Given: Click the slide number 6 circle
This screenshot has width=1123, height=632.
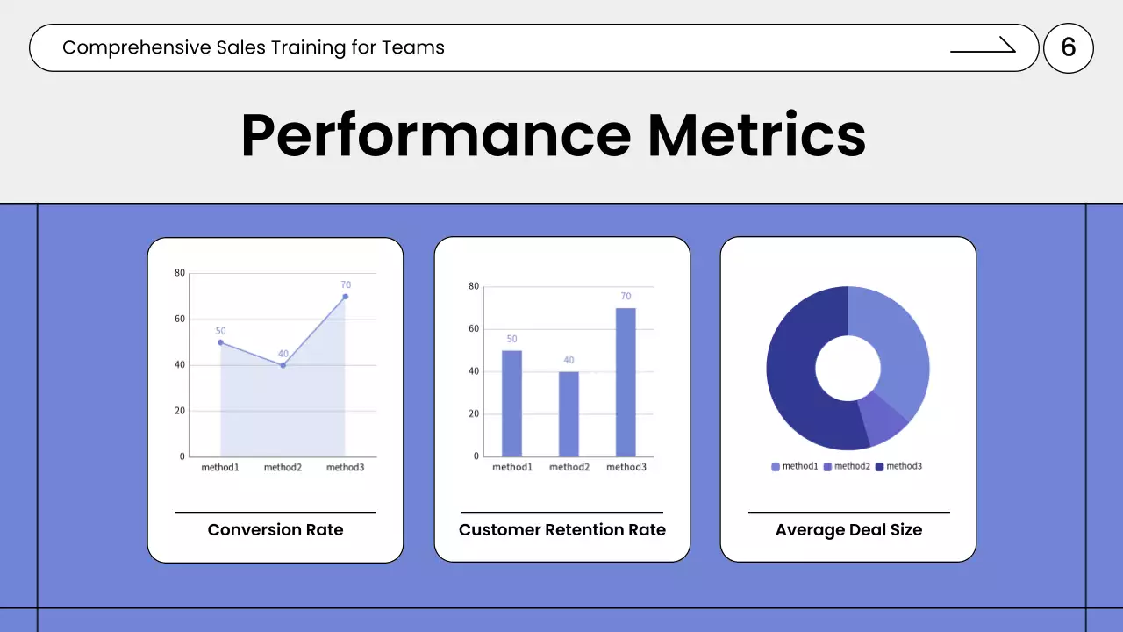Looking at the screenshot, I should [1068, 47].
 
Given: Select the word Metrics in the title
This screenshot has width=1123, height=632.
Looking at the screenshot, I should [757, 136].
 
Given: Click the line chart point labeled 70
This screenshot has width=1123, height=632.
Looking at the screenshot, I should [346, 297].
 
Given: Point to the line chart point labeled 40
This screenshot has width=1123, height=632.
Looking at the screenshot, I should [283, 365].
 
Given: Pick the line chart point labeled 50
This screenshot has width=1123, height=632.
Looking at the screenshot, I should [220, 342].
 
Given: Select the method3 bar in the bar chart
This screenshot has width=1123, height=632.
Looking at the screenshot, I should [626, 382].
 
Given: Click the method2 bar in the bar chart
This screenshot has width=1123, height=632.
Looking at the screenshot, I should [569, 413].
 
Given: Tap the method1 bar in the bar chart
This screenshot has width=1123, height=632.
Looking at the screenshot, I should [511, 403].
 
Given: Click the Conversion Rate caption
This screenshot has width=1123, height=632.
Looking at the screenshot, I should [275, 529].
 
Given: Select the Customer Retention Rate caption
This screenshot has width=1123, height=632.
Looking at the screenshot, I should [562, 529].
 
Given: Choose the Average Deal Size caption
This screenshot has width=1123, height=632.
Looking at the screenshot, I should [848, 529].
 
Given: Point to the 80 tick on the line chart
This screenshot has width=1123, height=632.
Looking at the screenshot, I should [180, 273].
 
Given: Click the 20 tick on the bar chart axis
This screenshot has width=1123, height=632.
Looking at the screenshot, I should [475, 413].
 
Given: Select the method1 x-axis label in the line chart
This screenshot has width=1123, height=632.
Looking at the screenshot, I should [220, 468].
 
